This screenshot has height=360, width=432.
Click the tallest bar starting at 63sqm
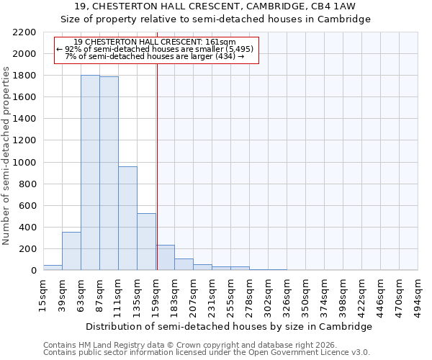[x=90, y=173]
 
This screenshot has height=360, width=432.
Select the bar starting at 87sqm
[x=109, y=174]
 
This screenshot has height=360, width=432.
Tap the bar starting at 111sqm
[x=127, y=218]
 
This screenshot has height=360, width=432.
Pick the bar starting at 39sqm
[x=71, y=251]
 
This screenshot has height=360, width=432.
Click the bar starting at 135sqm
[x=146, y=242]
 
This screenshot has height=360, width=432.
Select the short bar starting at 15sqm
[x=53, y=268]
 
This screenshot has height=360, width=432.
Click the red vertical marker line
[x=157, y=158]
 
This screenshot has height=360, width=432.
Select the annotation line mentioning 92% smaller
[x=156, y=49]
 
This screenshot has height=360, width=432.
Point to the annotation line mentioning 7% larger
[x=156, y=56]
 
